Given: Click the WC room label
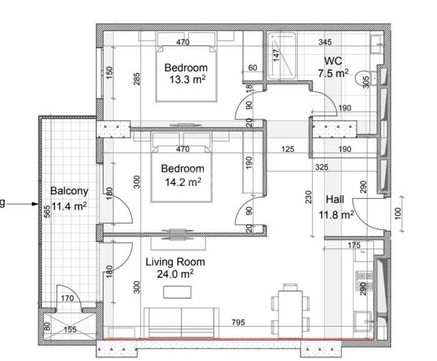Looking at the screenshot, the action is click(333, 61).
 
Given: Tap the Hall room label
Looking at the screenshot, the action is click(335, 199).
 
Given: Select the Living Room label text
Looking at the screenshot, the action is click(175, 262).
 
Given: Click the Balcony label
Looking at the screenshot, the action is click(69, 191).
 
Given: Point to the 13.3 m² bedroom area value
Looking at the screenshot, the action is click(187, 79).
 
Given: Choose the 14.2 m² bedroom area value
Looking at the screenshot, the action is click(183, 182).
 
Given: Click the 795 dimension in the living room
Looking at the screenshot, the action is click(238, 322).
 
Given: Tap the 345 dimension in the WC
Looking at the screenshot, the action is click(325, 42).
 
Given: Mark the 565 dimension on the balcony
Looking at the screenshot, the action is click(47, 211).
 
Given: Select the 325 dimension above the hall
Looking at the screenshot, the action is click(322, 167).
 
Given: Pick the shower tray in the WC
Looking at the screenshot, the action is click(282, 55).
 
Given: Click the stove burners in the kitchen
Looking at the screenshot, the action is click(364, 280).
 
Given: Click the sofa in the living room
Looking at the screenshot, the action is click(182, 323).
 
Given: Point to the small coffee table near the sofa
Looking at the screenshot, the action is click(177, 292).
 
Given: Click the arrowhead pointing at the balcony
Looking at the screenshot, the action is click(35, 204).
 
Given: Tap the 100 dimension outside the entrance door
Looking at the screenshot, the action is click(398, 214).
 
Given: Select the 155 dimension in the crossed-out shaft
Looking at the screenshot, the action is click(70, 330).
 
